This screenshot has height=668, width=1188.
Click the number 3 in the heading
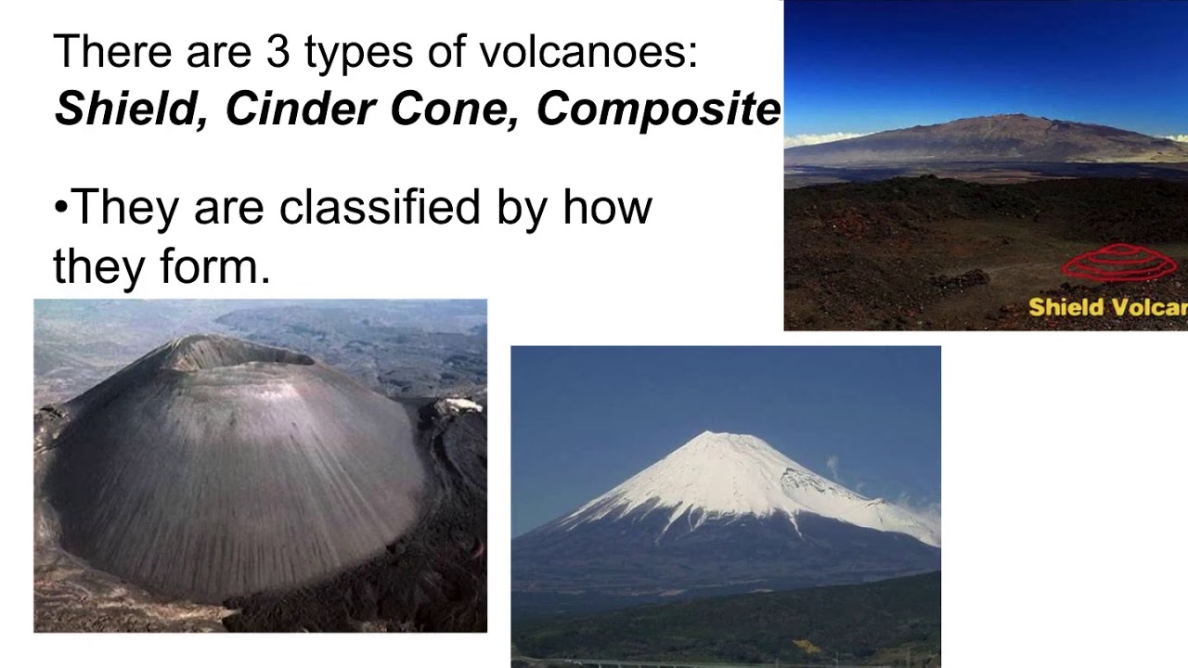tap(278, 52)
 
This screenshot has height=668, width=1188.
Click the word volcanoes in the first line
tap(588, 52)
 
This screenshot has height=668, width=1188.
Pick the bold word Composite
tap(658, 109)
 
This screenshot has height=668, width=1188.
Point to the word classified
tap(381, 207)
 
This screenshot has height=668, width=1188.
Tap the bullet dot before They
tap(61, 208)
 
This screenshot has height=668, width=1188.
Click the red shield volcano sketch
tap(1119, 263)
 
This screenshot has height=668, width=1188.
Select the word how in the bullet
tap(607, 207)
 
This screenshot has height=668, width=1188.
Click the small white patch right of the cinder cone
tap(461, 405)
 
